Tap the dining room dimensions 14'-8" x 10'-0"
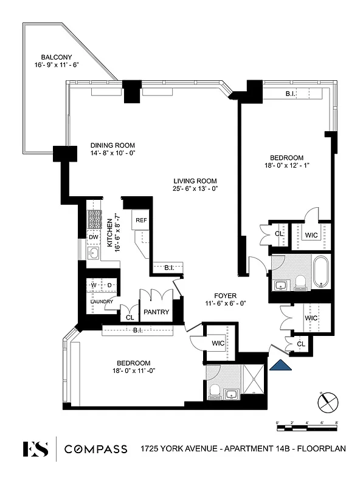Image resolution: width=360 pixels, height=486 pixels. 112,153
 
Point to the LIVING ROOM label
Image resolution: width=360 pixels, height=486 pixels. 195,181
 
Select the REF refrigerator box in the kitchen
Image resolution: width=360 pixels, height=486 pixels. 141,221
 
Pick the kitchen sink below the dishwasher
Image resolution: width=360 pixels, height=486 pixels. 94,253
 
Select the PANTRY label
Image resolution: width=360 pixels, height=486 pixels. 156,312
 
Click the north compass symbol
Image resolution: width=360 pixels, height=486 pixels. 327,401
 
